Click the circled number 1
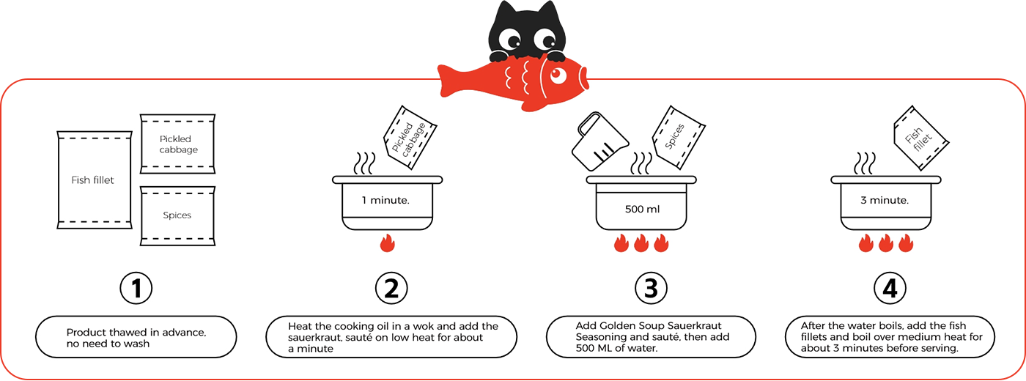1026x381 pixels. (136, 289)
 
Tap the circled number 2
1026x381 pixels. (391, 289)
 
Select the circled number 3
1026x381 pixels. (650, 289)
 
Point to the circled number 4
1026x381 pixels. (890, 289)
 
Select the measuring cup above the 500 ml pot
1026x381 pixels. (597, 138)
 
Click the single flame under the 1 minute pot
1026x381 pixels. (388, 243)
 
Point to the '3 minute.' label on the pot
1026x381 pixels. (885, 199)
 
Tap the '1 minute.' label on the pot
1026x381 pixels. (385, 199)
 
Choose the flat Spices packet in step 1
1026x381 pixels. (177, 215)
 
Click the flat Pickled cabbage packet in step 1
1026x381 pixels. (178, 144)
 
